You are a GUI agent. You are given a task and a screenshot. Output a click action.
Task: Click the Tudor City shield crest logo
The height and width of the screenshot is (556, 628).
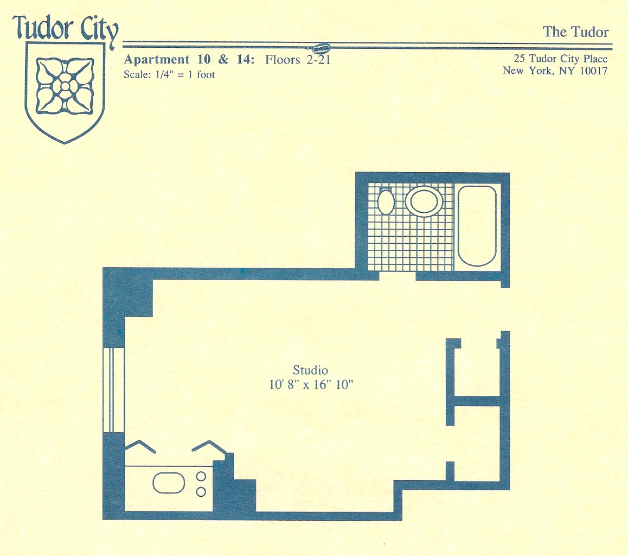click(65, 92)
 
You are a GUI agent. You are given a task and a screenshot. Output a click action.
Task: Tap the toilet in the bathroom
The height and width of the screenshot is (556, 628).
click(386, 200)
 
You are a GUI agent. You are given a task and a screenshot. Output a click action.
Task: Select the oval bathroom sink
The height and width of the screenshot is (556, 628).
click(424, 200)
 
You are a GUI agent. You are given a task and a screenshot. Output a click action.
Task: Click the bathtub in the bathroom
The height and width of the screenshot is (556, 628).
click(477, 226)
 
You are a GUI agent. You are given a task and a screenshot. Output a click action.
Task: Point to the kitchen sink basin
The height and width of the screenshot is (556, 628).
click(169, 483)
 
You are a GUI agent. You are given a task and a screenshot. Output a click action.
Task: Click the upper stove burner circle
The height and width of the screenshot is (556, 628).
click(201, 476)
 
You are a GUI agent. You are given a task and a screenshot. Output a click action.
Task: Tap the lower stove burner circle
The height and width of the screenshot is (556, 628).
click(201, 492)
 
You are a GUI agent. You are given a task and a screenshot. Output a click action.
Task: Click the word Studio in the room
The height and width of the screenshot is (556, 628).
click(310, 370)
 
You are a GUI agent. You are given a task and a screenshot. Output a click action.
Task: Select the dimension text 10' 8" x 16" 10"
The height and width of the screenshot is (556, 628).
click(311, 385)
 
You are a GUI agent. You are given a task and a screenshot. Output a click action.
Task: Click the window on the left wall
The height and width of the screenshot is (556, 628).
click(114, 390)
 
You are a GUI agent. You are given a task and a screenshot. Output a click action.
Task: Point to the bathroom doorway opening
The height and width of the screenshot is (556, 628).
click(398, 275)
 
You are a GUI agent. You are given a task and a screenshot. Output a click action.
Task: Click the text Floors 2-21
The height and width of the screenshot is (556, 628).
click(298, 60)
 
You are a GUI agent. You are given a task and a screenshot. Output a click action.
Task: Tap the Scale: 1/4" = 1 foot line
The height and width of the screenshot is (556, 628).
click(169, 75)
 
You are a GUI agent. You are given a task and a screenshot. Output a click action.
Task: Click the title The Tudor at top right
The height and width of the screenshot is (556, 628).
click(575, 32)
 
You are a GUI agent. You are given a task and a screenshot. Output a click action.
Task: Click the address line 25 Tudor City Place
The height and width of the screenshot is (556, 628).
click(561, 59)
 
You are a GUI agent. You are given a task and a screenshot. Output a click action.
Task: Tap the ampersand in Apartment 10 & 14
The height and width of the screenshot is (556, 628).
click(223, 59)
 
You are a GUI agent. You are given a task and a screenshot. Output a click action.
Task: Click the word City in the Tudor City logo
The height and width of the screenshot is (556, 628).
click(97, 29)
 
